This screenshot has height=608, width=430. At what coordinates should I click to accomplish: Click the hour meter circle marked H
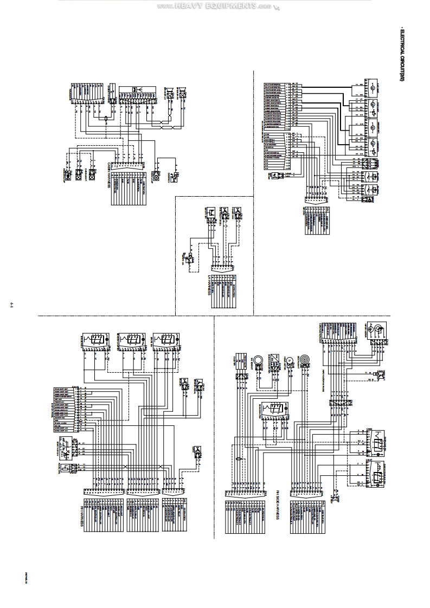pos(290,360)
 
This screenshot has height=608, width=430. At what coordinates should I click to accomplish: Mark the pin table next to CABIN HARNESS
pos(129,192)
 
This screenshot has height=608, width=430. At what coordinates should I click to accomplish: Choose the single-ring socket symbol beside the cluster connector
pos(259,360)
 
